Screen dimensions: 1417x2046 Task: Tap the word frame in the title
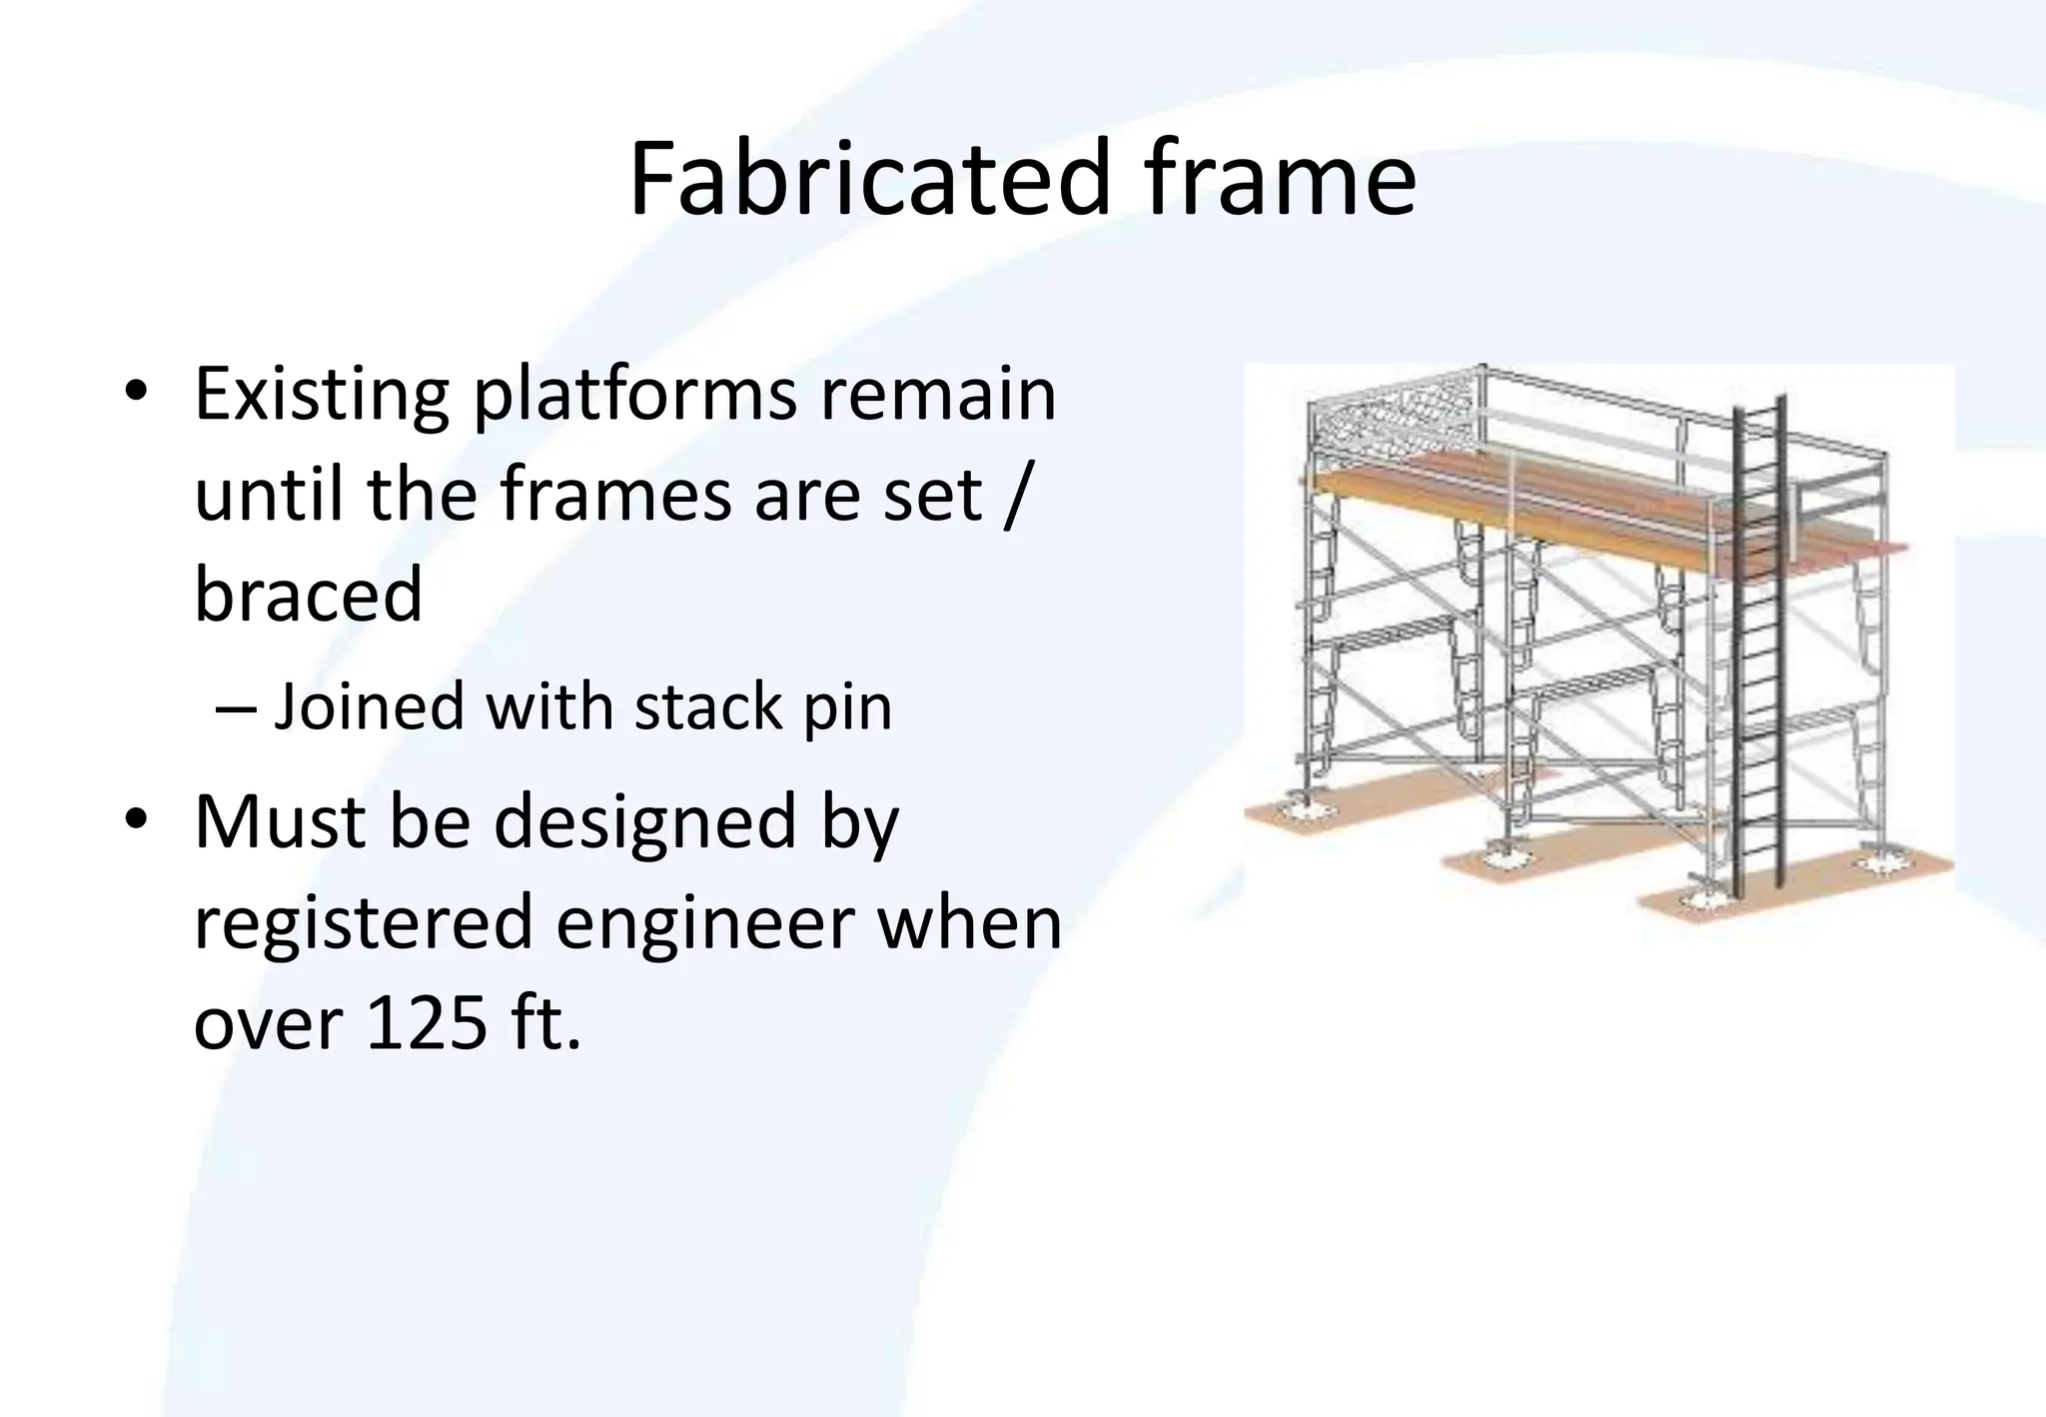(x=1281, y=180)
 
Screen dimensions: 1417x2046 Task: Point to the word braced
(x=308, y=595)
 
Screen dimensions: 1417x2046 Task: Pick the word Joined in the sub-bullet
(x=369, y=707)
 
